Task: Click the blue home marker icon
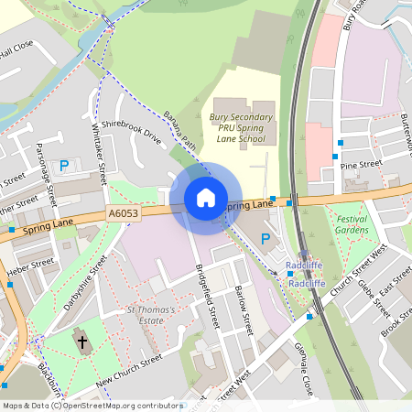[x=206, y=198]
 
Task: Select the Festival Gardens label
[x=352, y=224]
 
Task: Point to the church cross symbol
[x=82, y=342]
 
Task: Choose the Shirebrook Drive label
[x=131, y=134]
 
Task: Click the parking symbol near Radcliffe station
[x=266, y=239]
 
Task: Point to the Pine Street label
[x=360, y=165]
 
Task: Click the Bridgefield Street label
[x=208, y=298]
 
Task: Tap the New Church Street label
[x=128, y=368]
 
